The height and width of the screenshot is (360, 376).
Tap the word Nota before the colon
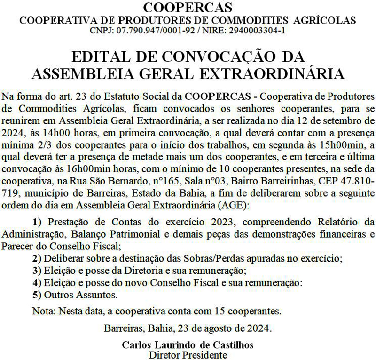(x=43, y=311)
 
